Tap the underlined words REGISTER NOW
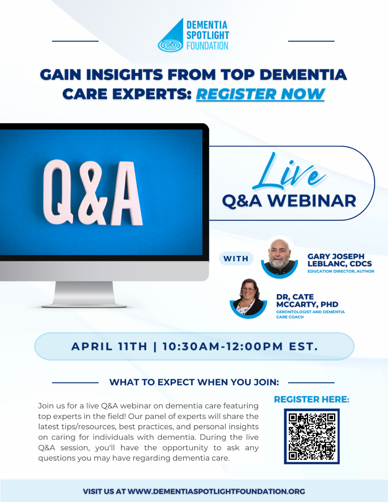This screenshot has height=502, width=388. [260, 94]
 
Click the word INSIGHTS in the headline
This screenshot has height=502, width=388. [124, 75]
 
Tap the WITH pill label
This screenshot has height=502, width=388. [236, 259]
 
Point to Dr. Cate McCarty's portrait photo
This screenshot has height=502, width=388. [248, 297]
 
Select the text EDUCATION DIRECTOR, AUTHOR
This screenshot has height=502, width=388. [340, 271]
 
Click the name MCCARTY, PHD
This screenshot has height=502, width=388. [307, 304]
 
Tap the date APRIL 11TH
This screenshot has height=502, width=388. [109, 347]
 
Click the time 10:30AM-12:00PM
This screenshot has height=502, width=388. [222, 347]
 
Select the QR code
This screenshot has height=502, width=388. [312, 436]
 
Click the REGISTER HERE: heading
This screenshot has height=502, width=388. [311, 400]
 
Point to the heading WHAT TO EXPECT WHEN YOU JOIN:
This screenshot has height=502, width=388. [194, 382]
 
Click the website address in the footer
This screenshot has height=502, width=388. [216, 491]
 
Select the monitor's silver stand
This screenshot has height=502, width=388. [84, 294]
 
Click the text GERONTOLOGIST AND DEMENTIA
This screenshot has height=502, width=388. [310, 312]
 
